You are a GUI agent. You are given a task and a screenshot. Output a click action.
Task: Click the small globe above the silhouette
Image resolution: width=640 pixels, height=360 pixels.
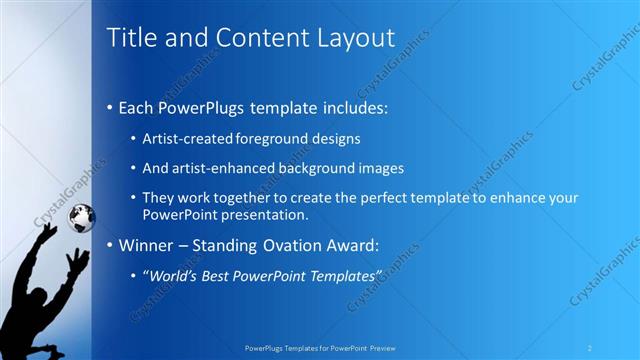click(80, 215)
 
